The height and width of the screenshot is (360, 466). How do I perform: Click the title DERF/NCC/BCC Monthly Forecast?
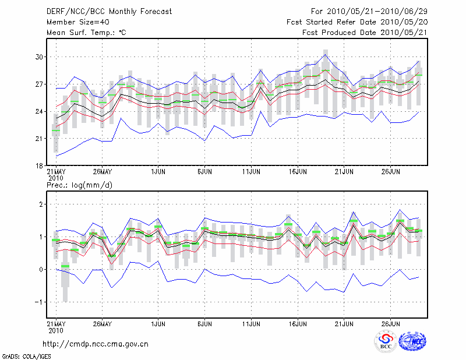(109, 11)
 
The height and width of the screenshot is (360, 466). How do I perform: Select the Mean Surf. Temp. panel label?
(86, 33)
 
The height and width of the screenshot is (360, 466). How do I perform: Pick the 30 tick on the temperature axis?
(40, 57)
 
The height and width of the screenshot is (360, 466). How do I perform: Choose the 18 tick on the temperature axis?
(40, 165)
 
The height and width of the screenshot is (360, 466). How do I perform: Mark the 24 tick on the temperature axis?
(40, 111)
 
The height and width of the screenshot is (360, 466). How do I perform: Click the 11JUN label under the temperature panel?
(250, 172)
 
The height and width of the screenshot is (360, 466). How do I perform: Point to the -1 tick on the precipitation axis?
(40, 302)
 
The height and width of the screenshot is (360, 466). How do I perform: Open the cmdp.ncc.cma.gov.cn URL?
(96, 344)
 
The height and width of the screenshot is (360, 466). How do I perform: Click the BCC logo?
(386, 342)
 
